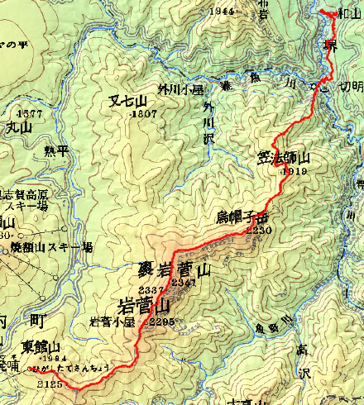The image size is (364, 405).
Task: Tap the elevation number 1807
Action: click(x=144, y=112)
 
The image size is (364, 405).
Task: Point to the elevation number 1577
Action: click(x=29, y=113)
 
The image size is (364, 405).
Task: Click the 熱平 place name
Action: click(x=55, y=150)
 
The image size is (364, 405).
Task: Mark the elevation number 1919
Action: click(x=294, y=170)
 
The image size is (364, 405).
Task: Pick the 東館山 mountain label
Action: click(x=41, y=346)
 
